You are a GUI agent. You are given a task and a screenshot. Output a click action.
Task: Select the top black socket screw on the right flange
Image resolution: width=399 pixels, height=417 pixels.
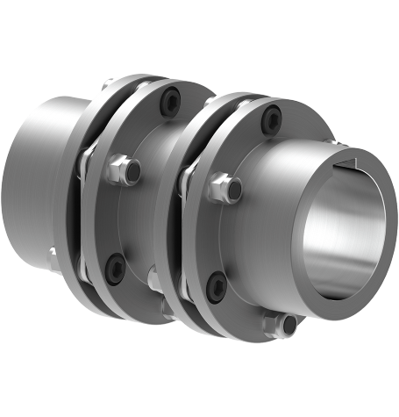coord(274,113)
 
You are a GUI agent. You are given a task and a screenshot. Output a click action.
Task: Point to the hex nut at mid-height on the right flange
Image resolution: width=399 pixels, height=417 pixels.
coord(229,185)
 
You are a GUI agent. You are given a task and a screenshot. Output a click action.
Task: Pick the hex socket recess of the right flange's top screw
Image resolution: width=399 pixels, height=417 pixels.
coord(274,113)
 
